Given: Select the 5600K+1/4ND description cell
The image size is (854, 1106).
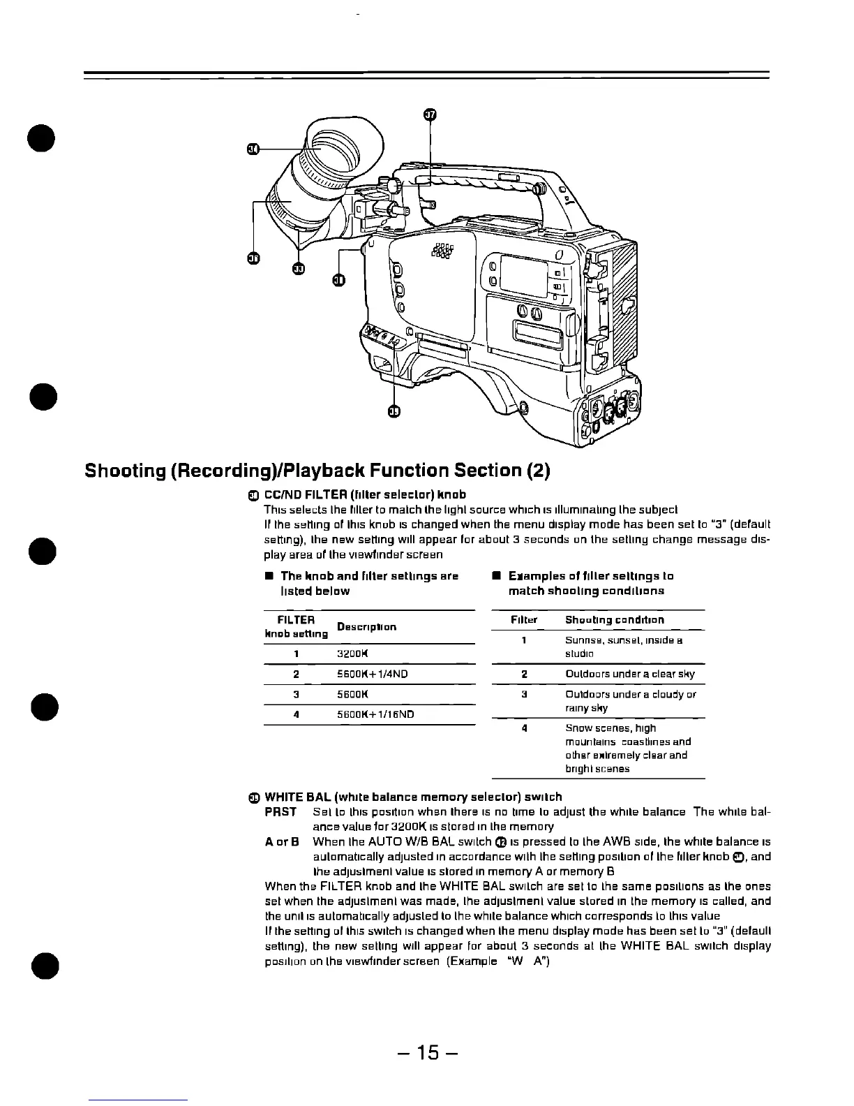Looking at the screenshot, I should coord(373,674).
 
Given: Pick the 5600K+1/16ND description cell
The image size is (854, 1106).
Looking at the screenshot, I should coord(375,714).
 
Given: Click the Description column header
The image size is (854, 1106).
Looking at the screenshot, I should coord(367,626).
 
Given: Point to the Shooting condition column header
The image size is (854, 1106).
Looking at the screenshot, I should coord(615,619).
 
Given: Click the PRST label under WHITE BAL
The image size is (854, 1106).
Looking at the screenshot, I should coord(281,812).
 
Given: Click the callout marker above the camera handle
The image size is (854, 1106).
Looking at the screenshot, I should coord(430,115).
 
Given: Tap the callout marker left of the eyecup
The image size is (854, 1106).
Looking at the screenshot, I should coord(254,148).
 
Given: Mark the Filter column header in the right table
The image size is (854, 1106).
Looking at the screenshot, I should coord(524,619).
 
